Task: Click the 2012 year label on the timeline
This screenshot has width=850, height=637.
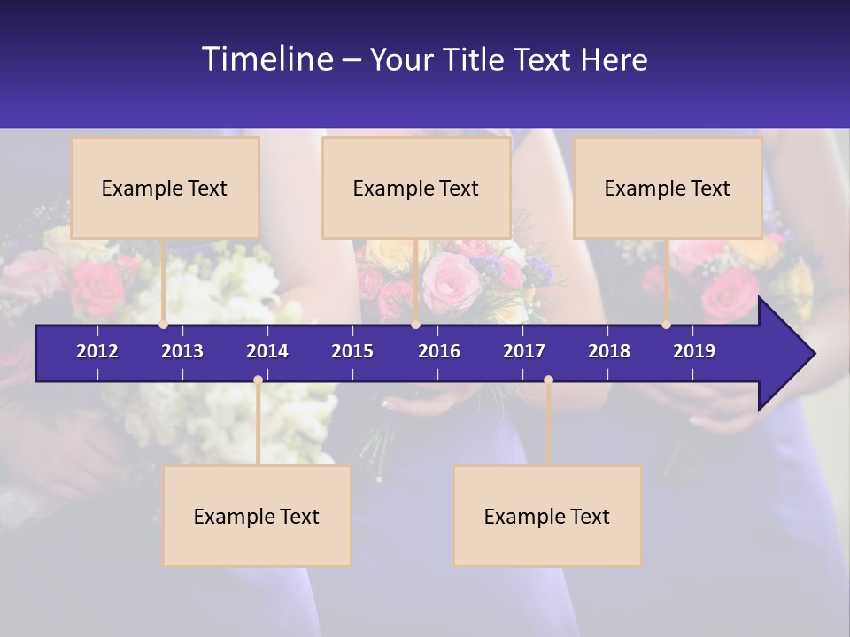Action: [97, 351]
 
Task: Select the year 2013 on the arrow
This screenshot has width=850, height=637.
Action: [182, 351]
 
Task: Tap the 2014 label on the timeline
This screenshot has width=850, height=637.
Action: [267, 351]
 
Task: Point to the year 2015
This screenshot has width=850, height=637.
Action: [352, 351]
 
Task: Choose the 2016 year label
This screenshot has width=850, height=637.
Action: [439, 351]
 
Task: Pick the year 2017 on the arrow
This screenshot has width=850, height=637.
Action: [524, 351]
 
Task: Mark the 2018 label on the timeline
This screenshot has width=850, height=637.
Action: [609, 351]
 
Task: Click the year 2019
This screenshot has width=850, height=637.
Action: [694, 351]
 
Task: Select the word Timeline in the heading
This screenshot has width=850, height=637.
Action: [267, 59]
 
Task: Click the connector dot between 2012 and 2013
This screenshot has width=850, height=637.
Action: [164, 325]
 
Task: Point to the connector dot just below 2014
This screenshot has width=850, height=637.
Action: [258, 380]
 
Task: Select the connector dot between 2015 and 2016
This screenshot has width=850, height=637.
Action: [415, 325]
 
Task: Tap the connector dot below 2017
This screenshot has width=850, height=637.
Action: [548, 380]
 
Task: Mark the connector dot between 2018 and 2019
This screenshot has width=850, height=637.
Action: [667, 325]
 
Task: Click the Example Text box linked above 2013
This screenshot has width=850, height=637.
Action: [165, 188]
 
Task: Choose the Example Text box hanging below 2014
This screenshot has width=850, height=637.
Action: [257, 516]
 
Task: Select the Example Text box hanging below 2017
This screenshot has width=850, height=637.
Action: [547, 516]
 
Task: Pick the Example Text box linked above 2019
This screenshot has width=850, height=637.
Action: [668, 188]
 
